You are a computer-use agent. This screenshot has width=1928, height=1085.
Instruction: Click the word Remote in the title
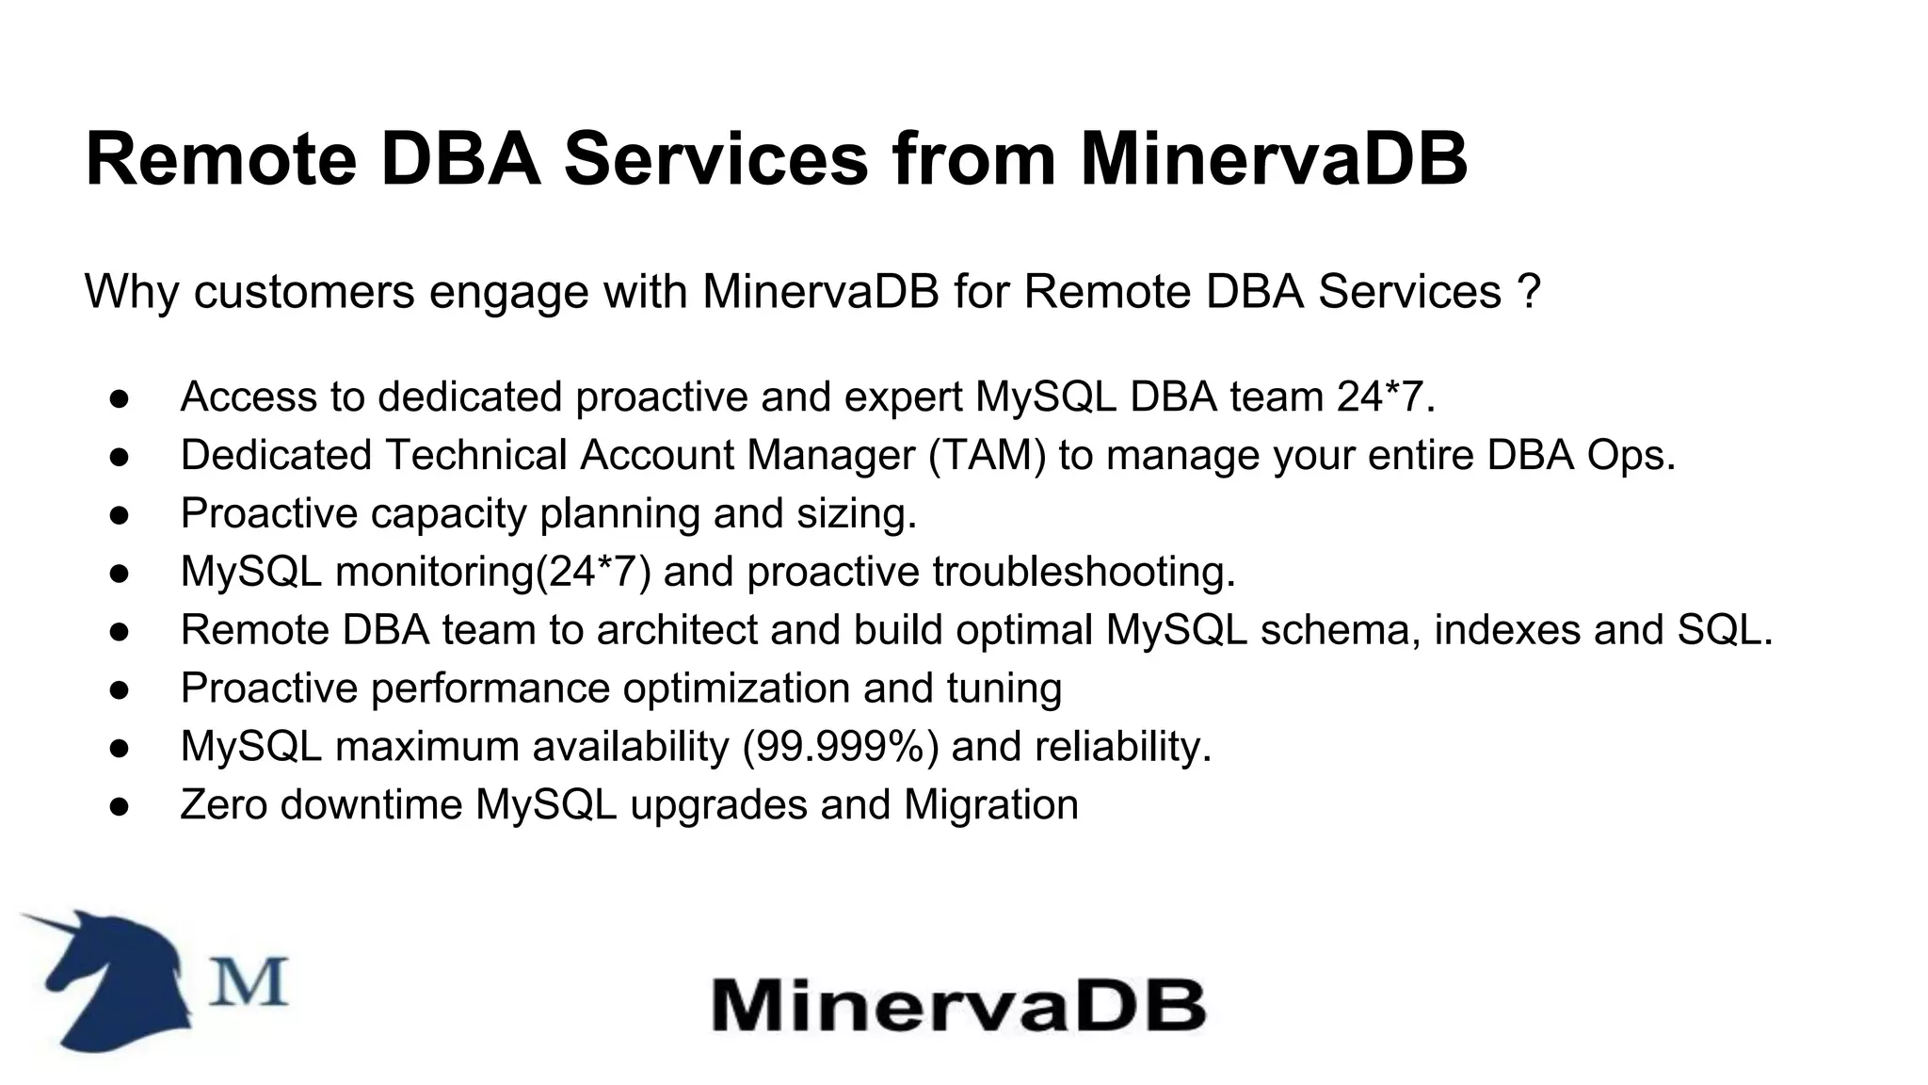pyautogui.click(x=220, y=158)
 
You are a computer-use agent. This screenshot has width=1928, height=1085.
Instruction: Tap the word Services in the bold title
pyautogui.click(x=715, y=158)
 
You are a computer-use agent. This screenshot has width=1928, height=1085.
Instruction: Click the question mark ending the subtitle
pyautogui.click(x=1529, y=291)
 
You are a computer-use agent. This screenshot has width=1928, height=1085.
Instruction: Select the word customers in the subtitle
pyautogui.click(x=304, y=291)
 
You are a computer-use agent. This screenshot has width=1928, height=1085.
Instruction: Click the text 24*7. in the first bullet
pyautogui.click(x=1386, y=397)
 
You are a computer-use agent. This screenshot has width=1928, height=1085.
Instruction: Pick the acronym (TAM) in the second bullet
pyautogui.click(x=988, y=455)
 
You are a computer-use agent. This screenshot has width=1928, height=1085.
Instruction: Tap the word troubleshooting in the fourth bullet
pyautogui.click(x=1083, y=572)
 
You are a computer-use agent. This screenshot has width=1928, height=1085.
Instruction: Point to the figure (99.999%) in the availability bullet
pyautogui.click(x=841, y=747)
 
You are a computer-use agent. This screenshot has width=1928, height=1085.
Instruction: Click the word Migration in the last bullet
pyautogui.click(x=990, y=805)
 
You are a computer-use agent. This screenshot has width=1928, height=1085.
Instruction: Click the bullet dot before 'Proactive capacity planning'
pyautogui.click(x=119, y=514)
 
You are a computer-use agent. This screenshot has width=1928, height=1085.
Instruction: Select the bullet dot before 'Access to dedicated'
pyautogui.click(x=119, y=397)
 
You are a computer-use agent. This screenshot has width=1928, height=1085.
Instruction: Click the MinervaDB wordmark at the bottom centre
pyautogui.click(x=957, y=1005)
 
